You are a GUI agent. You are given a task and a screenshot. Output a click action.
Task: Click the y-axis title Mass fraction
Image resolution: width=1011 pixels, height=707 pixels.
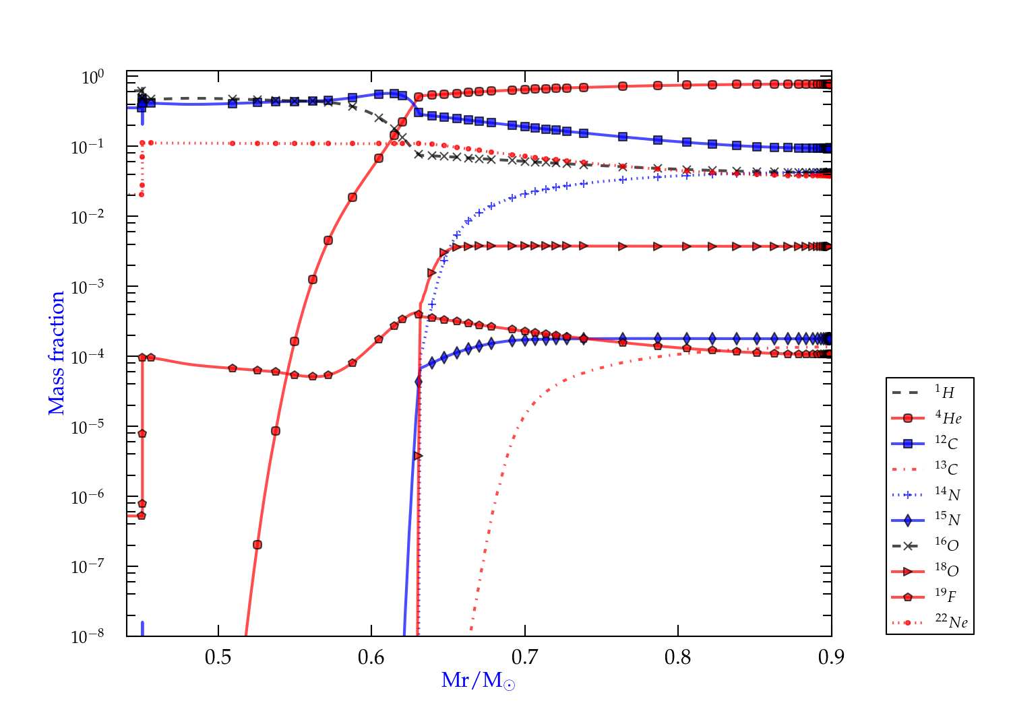(57, 353)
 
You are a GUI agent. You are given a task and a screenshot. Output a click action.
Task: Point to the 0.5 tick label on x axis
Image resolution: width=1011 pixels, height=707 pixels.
(218, 657)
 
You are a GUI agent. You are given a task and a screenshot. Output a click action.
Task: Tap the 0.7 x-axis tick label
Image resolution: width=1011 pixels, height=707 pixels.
(525, 657)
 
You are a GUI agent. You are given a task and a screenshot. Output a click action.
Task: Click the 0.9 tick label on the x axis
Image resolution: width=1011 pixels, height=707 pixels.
(831, 657)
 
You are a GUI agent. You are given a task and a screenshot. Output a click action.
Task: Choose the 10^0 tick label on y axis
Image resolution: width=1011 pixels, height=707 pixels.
(92, 77)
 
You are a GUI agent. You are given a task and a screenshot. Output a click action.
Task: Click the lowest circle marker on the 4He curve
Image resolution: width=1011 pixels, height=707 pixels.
(257, 545)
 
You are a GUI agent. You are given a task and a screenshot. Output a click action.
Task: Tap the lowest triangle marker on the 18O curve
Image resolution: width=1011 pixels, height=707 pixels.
(418, 456)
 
